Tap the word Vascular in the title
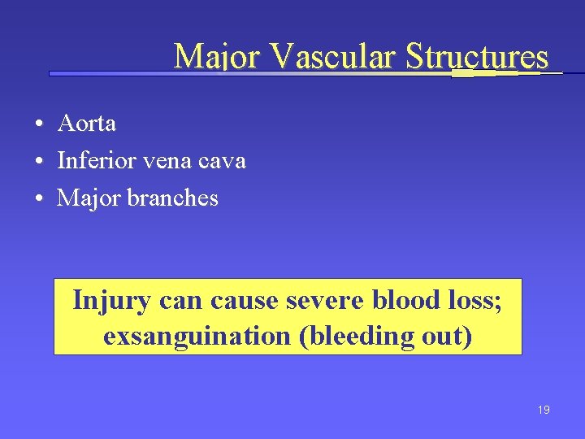click(x=333, y=57)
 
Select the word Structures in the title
click(x=477, y=57)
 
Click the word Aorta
click(x=87, y=124)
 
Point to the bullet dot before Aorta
click(x=39, y=124)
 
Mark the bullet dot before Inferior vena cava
click(x=39, y=162)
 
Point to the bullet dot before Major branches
click(x=39, y=199)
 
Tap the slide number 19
click(x=544, y=410)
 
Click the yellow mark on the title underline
click(x=473, y=73)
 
